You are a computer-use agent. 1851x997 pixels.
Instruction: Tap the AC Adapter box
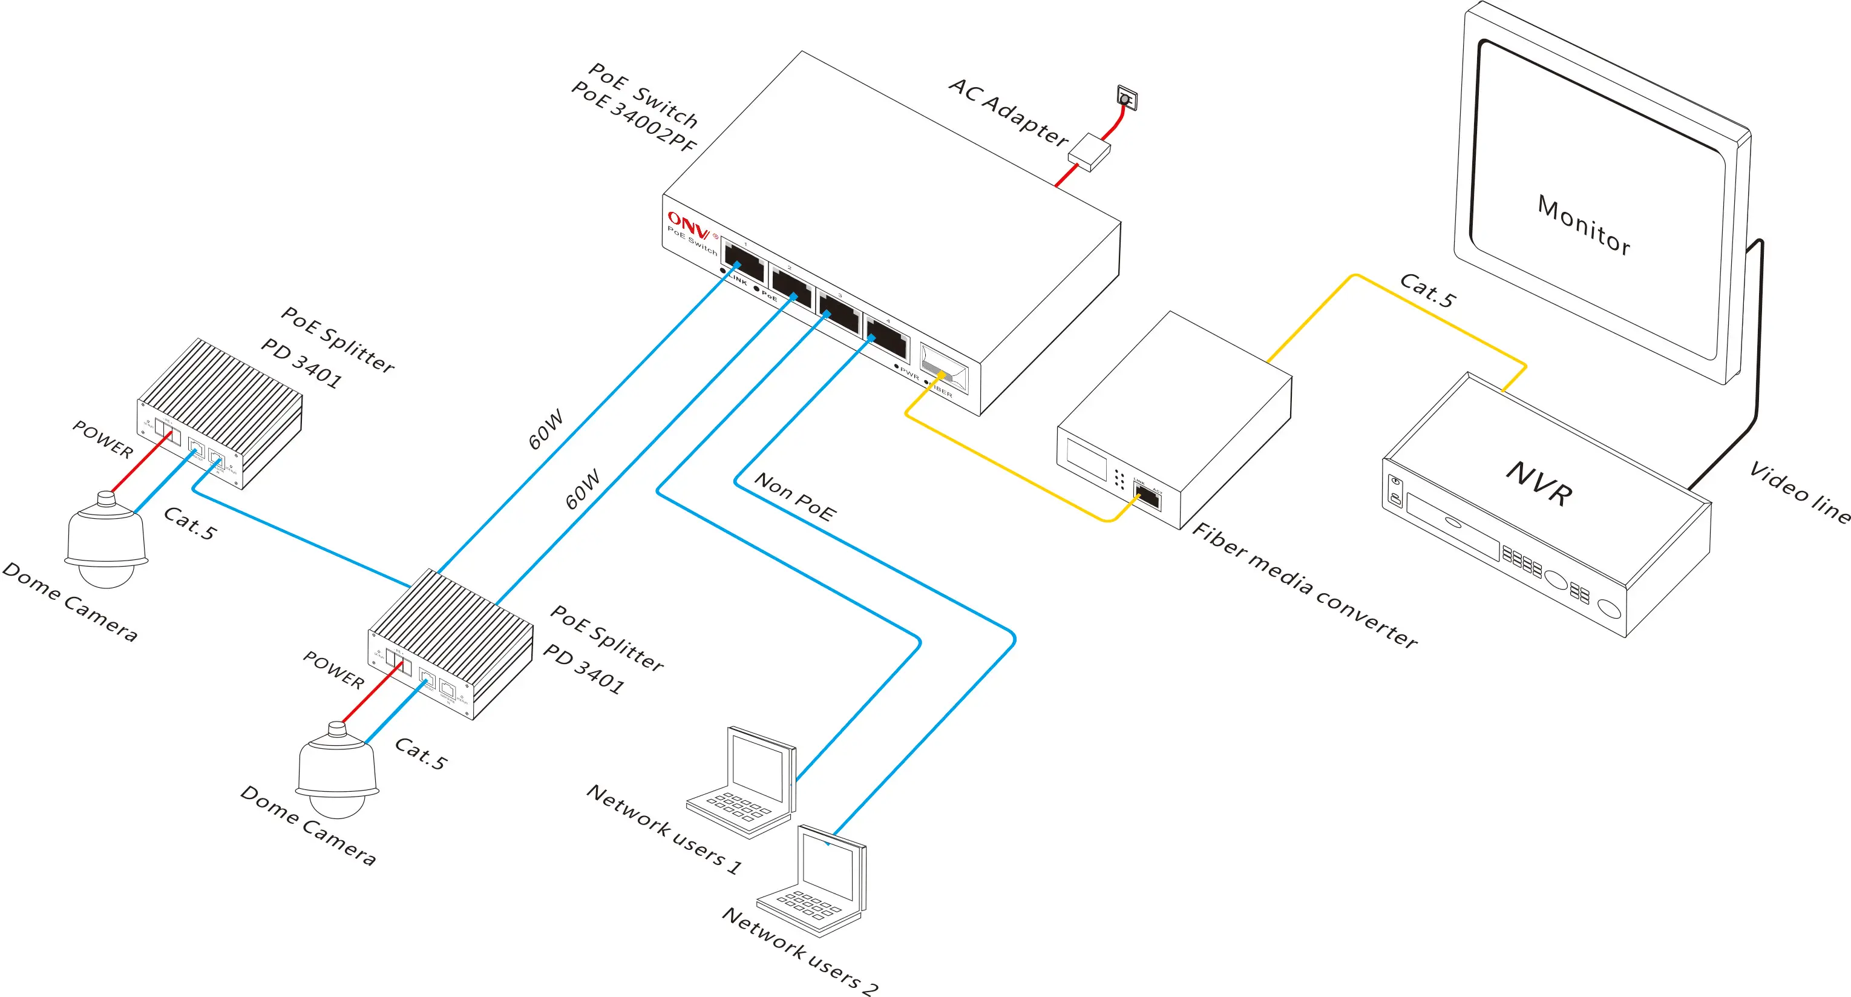(1089, 152)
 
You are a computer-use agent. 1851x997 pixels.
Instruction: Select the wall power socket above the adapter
(1127, 97)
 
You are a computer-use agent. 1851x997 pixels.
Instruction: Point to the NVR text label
(1539, 483)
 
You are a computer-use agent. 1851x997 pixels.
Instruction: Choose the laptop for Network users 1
(744, 783)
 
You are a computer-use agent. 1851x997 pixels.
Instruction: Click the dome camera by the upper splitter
(106, 539)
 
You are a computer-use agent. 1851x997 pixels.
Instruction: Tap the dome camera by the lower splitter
(337, 770)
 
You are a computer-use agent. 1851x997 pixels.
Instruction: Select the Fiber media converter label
(1304, 585)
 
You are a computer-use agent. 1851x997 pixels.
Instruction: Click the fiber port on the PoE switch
(943, 367)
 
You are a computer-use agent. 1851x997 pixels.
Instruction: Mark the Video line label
(1800, 492)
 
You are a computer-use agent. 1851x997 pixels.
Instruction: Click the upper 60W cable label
(546, 429)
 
